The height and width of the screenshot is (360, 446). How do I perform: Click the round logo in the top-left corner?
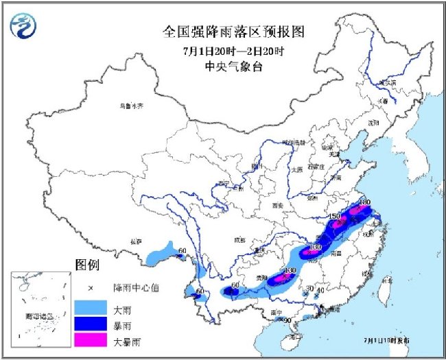[x=25, y=26]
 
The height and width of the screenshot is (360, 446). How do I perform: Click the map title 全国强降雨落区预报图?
[x=232, y=32]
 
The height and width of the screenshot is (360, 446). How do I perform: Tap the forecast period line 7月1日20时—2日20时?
[x=232, y=51]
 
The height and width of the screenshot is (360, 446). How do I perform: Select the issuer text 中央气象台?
[x=232, y=67]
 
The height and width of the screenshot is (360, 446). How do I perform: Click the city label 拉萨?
[x=134, y=241]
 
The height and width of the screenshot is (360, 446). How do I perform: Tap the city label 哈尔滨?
[x=388, y=82]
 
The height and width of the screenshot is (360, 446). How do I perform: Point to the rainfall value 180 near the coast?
[x=364, y=202]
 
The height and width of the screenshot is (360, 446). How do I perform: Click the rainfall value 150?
[x=335, y=217]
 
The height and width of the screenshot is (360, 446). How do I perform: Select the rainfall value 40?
[x=320, y=290]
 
